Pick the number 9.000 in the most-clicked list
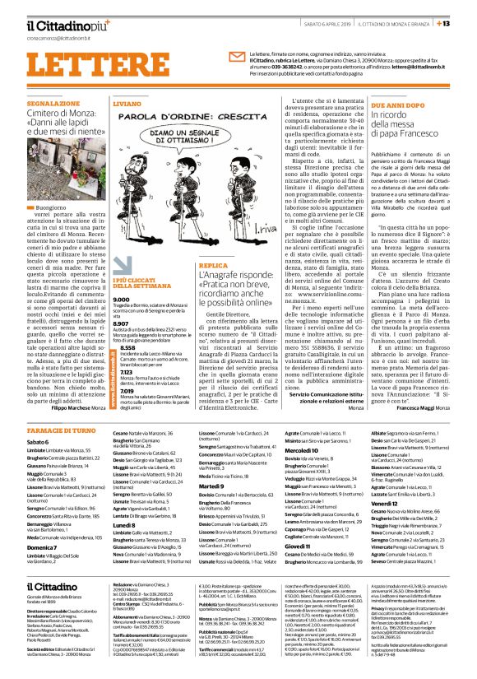[x=122, y=300]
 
